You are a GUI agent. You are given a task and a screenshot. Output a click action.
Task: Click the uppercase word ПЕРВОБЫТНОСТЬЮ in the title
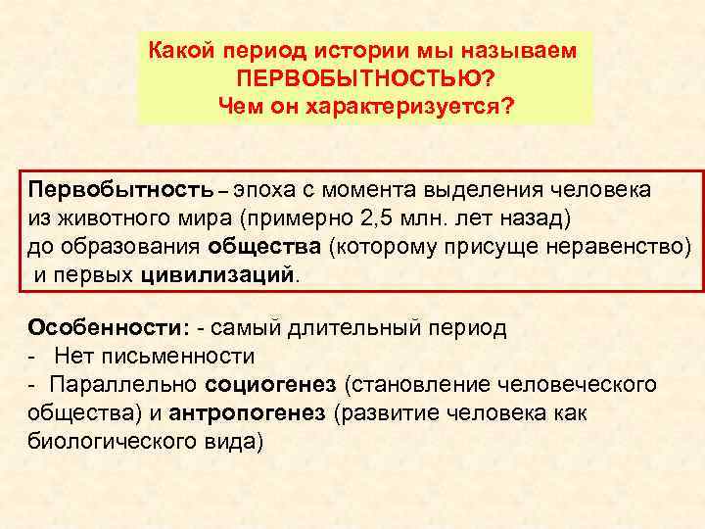[x=365, y=76]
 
